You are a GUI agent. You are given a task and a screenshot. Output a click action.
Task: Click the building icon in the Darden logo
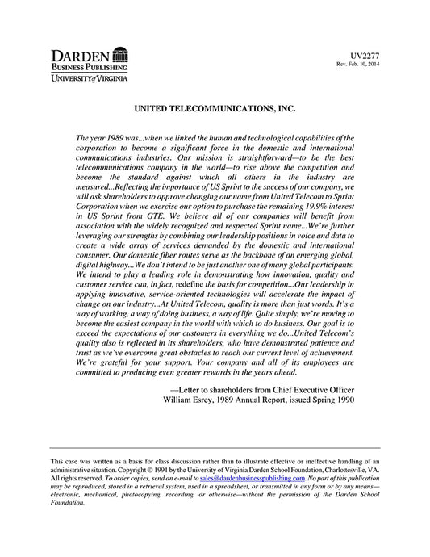pos(119,55)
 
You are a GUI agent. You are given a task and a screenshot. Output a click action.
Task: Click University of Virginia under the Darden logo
pos(84,80)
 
